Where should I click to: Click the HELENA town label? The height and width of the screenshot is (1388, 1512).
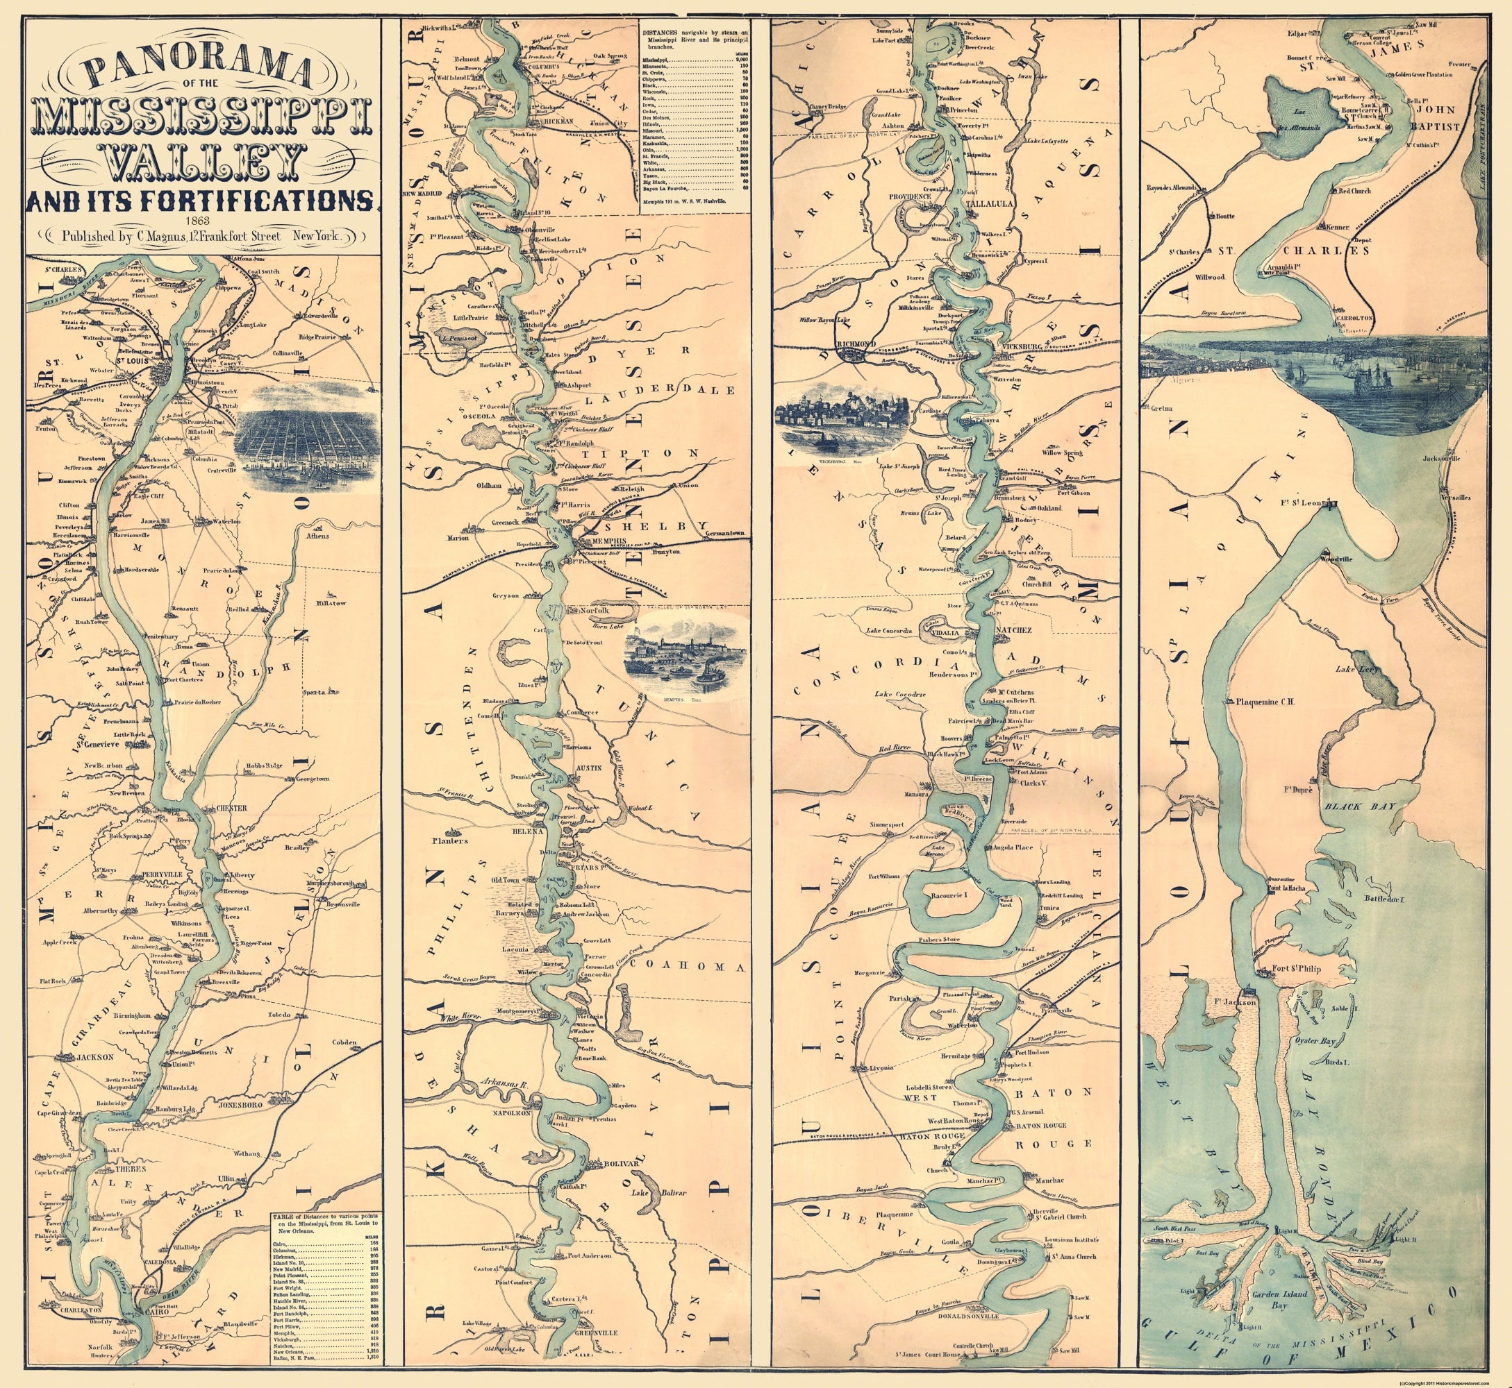coord(528,832)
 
